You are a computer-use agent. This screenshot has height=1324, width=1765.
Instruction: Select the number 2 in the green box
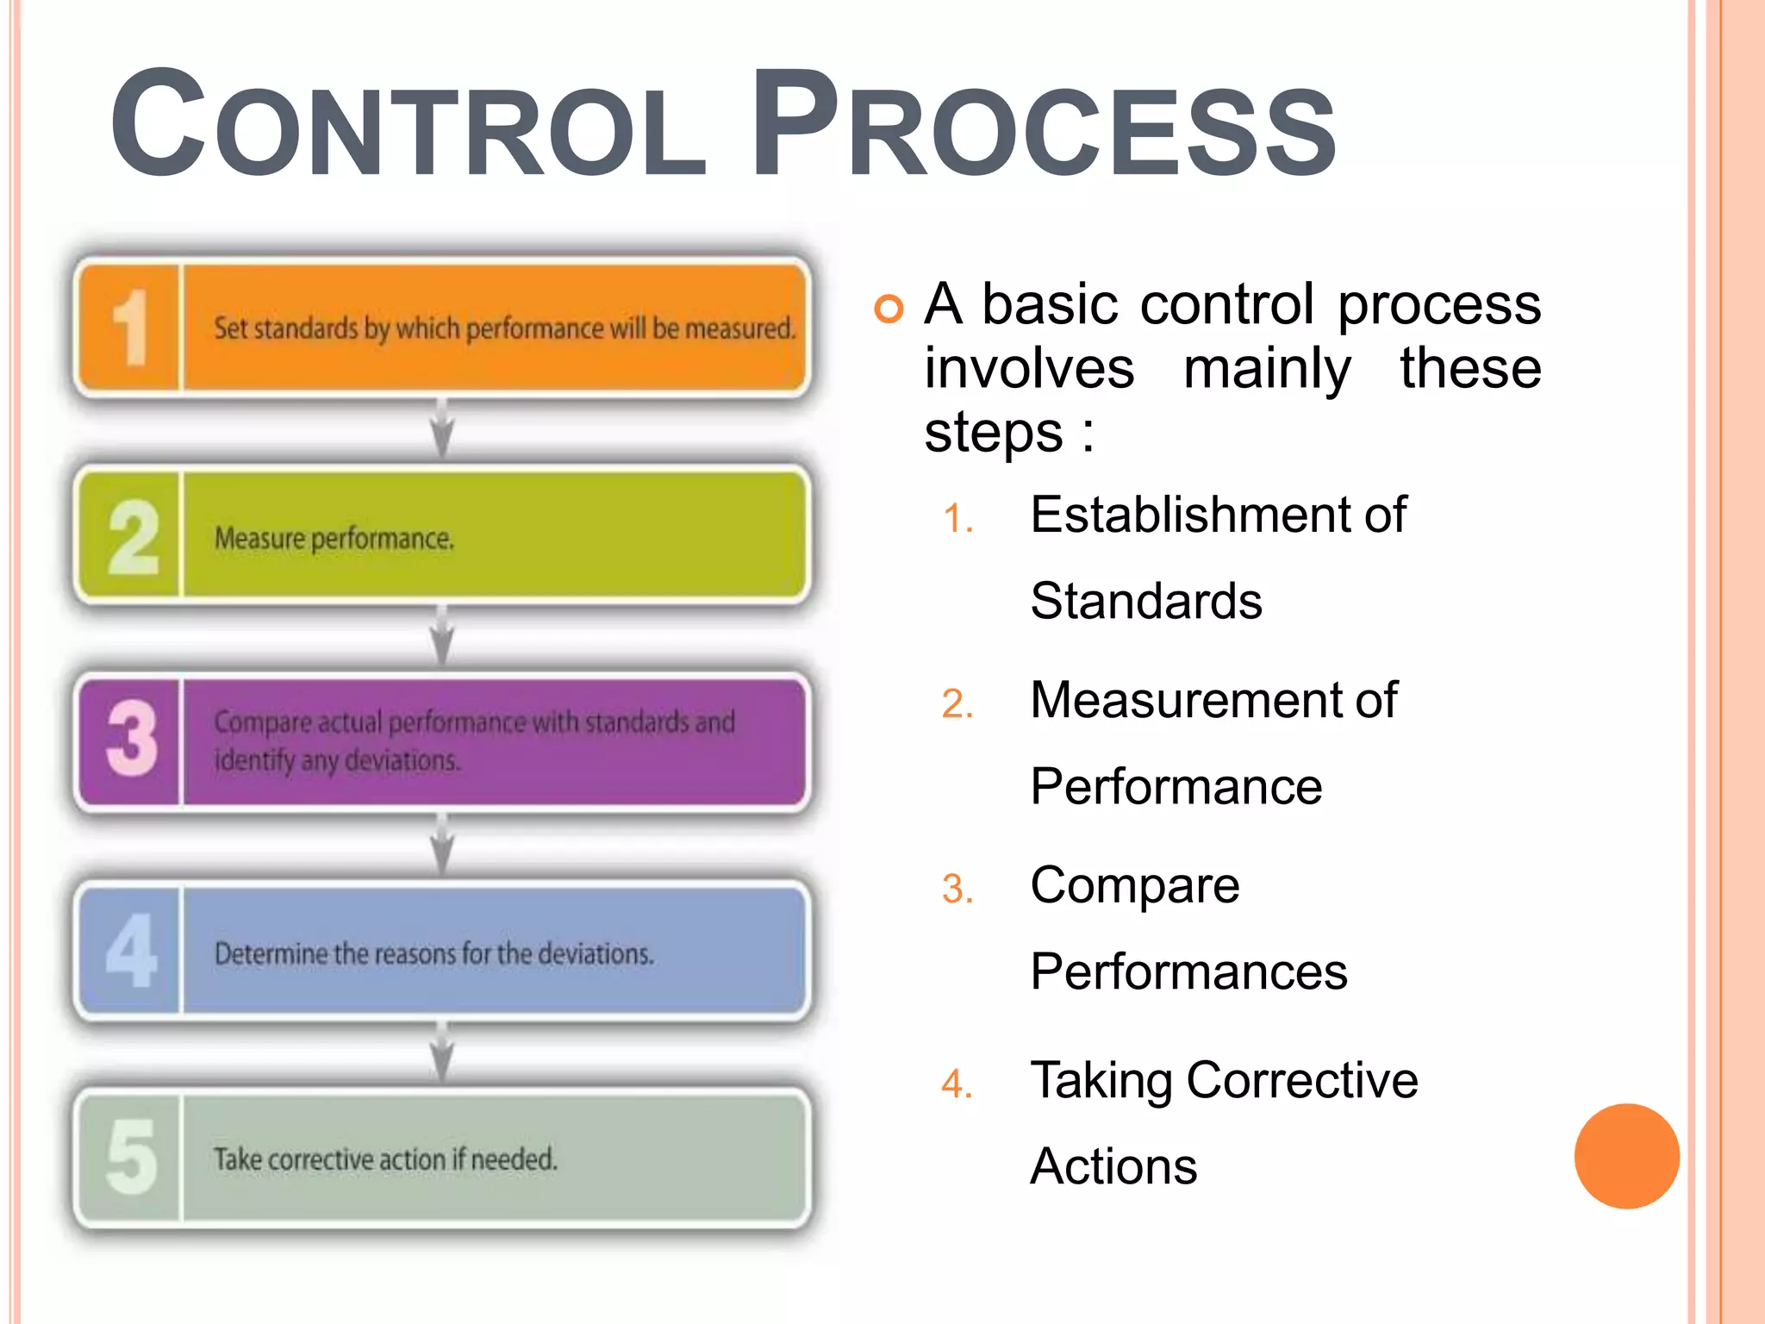[x=133, y=536]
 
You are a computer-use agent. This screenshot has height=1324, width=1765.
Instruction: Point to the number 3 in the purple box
[x=132, y=740]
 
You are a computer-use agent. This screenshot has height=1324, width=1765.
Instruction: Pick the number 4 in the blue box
[x=131, y=950]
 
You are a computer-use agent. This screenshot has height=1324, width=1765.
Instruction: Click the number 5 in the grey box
[x=131, y=1157]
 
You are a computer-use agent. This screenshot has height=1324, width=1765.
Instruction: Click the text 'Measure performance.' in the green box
[x=334, y=539]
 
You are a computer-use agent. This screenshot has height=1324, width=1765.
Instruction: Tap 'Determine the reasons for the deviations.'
[x=434, y=953]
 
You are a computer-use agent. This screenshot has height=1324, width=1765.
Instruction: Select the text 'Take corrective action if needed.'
[x=385, y=1159]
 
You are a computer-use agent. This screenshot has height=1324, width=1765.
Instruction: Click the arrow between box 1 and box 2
[x=442, y=429]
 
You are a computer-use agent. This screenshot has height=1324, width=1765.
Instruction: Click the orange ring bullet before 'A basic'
[x=889, y=309]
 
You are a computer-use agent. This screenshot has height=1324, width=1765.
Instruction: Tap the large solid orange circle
[x=1626, y=1156]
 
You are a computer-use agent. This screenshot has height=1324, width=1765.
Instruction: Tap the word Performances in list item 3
[x=1188, y=972]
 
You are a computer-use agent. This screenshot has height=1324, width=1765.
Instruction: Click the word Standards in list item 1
[x=1146, y=601]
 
